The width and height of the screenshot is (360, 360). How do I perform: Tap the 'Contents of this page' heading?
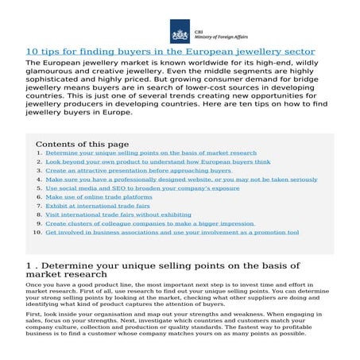coord(81,144)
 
